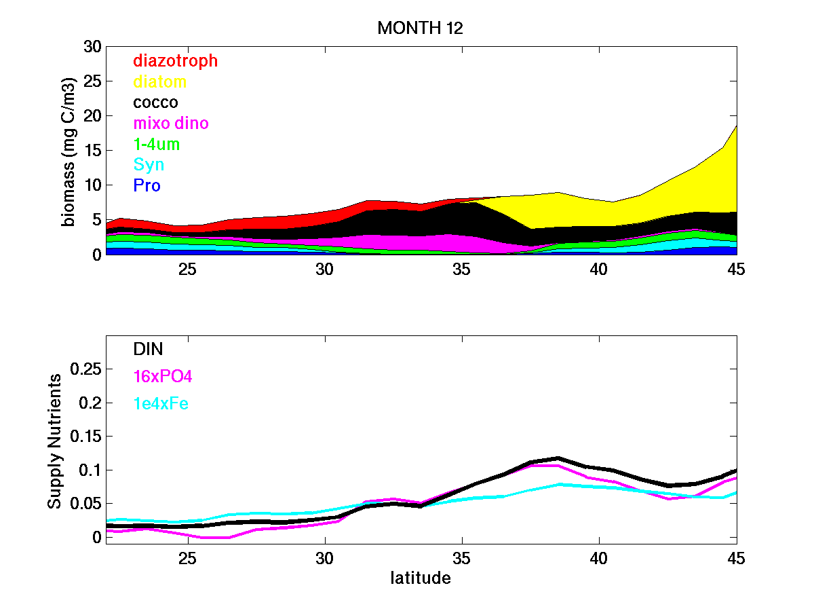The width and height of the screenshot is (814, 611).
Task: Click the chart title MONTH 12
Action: pyautogui.click(x=420, y=28)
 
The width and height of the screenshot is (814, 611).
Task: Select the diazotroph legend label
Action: pyautogui.click(x=175, y=60)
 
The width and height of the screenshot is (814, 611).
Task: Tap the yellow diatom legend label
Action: pyautogui.click(x=159, y=81)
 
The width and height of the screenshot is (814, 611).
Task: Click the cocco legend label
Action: pyautogui.click(x=155, y=103)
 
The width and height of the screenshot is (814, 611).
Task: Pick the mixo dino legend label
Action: pyautogui.click(x=171, y=123)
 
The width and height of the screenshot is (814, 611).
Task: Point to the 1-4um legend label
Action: pyautogui.click(x=157, y=144)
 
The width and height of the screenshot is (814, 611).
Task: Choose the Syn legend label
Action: pyautogui.click(x=149, y=164)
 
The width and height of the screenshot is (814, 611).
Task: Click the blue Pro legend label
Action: pyautogui.click(x=147, y=185)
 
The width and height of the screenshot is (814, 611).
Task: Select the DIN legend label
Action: pyautogui.click(x=148, y=348)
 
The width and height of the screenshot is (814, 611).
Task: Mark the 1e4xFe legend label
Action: pyautogui.click(x=161, y=404)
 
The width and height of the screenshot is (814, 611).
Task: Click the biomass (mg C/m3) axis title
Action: pyautogui.click(x=69, y=151)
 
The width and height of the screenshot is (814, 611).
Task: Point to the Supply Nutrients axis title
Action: pyautogui.click(x=55, y=441)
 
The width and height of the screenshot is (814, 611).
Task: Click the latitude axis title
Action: pyautogui.click(x=421, y=578)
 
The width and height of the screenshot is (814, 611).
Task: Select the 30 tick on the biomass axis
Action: pyautogui.click(x=92, y=47)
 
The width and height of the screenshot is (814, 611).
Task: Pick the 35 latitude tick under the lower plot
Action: pyautogui.click(x=462, y=558)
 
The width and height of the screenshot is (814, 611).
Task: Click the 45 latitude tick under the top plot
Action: pyautogui.click(x=736, y=269)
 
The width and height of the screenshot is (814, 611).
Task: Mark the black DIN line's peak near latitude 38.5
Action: pyautogui.click(x=558, y=458)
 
